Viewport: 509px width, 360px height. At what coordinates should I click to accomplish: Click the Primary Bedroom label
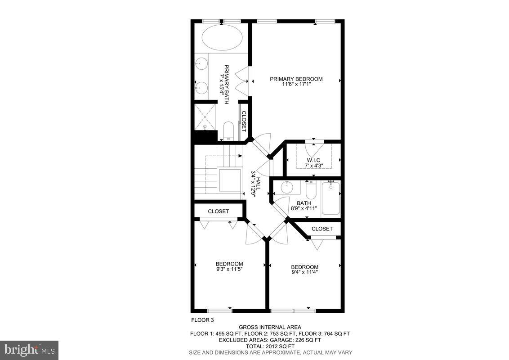pos(296,79)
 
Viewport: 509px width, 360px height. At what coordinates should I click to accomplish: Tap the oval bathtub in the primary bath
pos(222,38)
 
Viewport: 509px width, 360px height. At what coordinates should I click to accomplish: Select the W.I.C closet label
pos(313,160)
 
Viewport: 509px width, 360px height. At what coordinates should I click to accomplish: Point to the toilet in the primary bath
pos(228,130)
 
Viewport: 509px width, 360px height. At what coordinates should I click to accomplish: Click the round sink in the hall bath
pos(286,186)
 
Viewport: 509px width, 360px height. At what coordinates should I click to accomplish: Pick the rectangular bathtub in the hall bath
pos(331,198)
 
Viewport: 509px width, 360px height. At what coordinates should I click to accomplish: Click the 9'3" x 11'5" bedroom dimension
pos(229,270)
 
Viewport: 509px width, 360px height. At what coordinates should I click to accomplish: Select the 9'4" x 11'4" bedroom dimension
pos(305,272)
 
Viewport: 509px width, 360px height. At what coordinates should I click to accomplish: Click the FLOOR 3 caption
pos(202,320)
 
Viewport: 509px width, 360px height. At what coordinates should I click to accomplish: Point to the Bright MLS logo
pos(29,350)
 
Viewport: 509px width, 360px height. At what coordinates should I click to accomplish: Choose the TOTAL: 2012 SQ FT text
pos(269,346)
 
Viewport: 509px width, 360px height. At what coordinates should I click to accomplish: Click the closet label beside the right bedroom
pos(322,229)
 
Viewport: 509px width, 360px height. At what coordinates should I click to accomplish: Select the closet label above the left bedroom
pos(219,211)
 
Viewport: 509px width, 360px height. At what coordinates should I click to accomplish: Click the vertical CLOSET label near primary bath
pos(244,121)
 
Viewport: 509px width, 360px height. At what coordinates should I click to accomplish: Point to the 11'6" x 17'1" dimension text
pos(296,84)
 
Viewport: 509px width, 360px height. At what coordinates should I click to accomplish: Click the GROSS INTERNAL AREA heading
pos(270,327)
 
